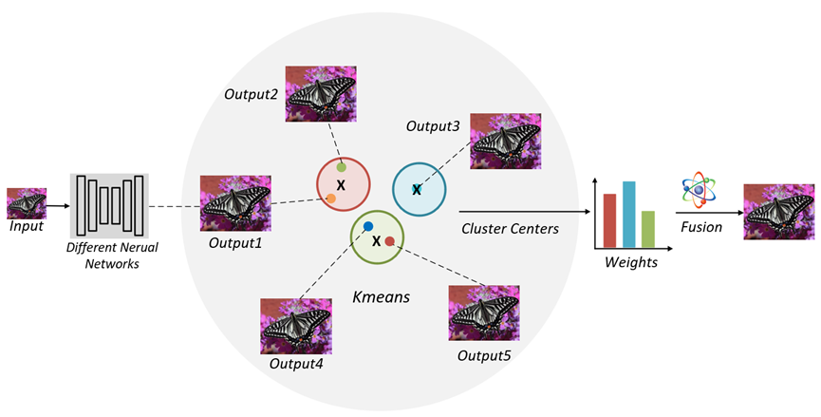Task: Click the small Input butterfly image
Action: tap(27, 203)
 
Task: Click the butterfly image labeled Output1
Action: tap(235, 202)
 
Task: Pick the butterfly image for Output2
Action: tap(320, 92)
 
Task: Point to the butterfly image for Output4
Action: tap(295, 326)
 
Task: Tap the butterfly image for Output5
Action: tap(484, 313)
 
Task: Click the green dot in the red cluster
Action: tap(341, 167)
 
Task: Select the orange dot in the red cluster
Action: tap(330, 199)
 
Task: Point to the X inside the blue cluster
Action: tap(416, 190)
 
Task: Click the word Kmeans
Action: tap(381, 296)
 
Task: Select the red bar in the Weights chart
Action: tap(609, 218)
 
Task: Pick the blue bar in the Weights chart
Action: tap(628, 213)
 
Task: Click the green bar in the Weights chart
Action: tap(647, 227)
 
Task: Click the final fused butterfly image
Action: tap(778, 211)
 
